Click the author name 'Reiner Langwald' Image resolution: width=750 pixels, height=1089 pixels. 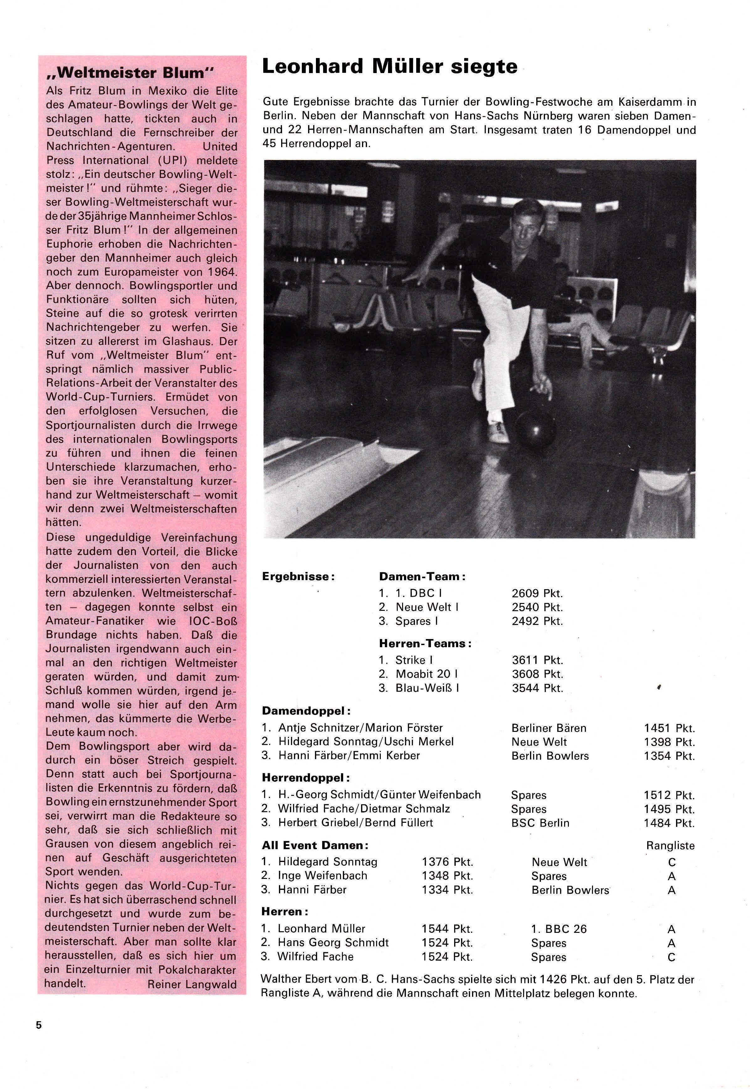pyautogui.click(x=192, y=984)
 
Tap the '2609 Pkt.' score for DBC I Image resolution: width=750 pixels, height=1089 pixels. pyautogui.click(x=537, y=593)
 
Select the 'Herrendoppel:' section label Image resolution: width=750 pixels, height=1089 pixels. pyautogui.click(x=306, y=778)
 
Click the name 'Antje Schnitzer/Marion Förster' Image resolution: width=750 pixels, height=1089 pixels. pyautogui.click(x=360, y=728)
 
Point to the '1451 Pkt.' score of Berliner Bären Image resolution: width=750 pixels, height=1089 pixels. pyautogui.click(x=669, y=728)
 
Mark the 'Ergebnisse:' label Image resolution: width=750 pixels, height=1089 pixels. pyautogui.click(x=298, y=577)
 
